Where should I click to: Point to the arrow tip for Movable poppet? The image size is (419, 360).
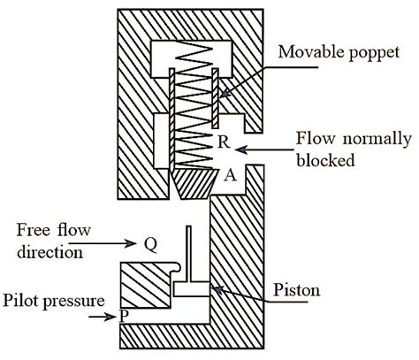[219, 94]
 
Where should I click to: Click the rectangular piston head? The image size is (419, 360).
[189, 287]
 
